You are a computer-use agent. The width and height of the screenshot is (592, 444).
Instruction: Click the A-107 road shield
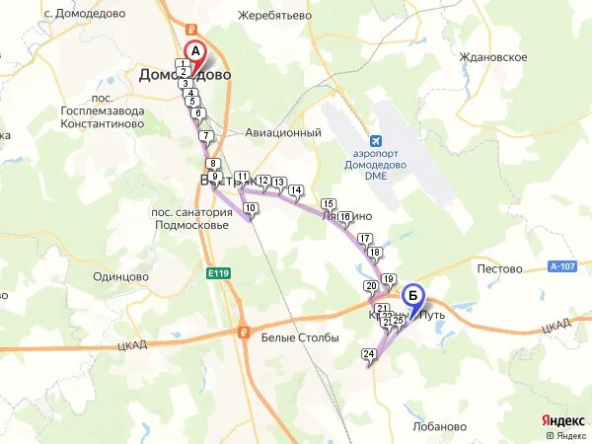tap(561, 265)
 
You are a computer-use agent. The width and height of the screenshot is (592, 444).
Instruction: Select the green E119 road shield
tap(219, 272)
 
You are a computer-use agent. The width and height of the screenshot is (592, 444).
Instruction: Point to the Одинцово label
tap(119, 278)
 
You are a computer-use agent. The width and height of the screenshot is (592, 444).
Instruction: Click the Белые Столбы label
tap(300, 337)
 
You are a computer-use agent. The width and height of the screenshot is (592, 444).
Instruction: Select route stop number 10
tap(251, 207)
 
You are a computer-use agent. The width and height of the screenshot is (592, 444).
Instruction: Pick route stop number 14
tap(295, 189)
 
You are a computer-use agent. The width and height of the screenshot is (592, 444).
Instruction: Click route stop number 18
tap(374, 253)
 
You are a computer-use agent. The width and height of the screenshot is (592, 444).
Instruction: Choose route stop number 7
tap(206, 135)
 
